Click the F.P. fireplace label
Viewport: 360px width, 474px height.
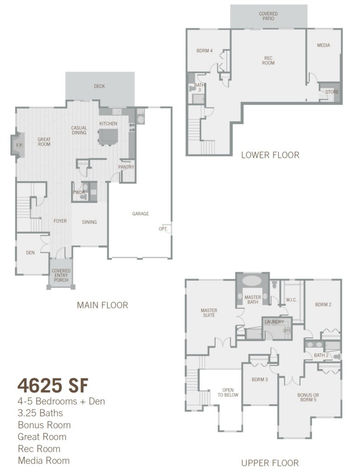pos(19,145)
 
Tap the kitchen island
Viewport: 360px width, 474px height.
pos(108,137)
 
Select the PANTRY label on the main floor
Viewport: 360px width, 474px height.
pos(126,167)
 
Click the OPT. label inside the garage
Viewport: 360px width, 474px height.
pos(163,229)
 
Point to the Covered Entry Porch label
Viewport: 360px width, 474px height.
pos(61,275)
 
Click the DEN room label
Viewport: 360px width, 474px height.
pos(30,253)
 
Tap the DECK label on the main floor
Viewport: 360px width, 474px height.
pos(99,86)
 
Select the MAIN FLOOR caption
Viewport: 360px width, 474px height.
pos(102,305)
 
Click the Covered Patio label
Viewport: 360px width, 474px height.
pos(268,16)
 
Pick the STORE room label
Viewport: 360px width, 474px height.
pos(332,92)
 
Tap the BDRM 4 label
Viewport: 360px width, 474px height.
pos(205,50)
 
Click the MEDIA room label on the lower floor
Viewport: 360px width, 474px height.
pos(323,45)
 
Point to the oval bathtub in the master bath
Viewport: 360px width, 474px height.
pos(252,281)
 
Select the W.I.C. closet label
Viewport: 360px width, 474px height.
pos(292,300)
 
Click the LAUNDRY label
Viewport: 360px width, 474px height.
pos(274,322)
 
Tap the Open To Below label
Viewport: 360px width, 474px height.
pos(228,393)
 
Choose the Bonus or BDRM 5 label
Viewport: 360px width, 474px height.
pos(308,397)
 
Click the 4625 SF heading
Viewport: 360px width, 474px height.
pos(53,385)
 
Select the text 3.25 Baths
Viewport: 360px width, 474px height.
pos(40,413)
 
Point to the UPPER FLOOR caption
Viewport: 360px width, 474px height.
pos(270,463)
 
